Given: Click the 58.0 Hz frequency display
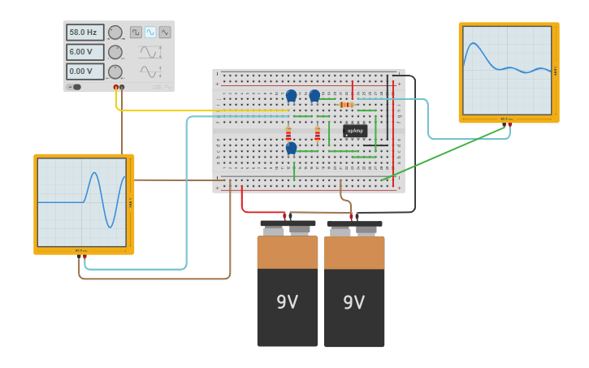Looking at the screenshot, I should click(x=84, y=32).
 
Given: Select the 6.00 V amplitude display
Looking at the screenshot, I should click(x=84, y=52).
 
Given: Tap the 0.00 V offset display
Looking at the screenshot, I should click(x=84, y=71).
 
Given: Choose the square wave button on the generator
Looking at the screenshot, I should click(x=136, y=32).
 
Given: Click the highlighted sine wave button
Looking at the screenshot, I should click(x=150, y=32).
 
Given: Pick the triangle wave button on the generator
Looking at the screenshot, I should click(x=165, y=32).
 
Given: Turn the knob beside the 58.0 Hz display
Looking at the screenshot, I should click(x=115, y=32).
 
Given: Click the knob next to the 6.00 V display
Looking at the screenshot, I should click(x=115, y=52).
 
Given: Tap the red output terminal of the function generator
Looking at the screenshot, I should click(x=116, y=87).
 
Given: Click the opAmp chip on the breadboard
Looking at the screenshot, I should click(x=355, y=130).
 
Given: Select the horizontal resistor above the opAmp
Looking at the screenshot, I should click(x=346, y=104).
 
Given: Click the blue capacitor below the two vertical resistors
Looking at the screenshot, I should click(x=291, y=148).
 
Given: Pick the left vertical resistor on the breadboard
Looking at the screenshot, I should click(x=288, y=134).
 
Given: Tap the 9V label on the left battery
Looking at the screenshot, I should click(x=288, y=302).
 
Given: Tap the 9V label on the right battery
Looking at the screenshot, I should click(x=354, y=302).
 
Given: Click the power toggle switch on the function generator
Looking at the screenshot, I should click(x=75, y=87).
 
